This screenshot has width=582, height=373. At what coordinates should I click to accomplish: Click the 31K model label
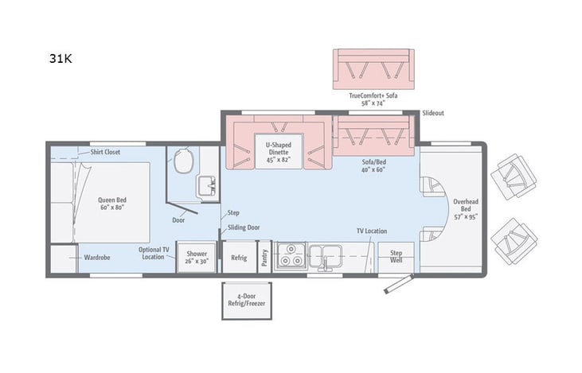click(61, 59)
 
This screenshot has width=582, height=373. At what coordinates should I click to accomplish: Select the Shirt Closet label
click(105, 152)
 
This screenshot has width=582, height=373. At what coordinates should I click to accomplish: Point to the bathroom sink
click(207, 186)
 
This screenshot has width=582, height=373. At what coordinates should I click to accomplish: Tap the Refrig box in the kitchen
click(239, 258)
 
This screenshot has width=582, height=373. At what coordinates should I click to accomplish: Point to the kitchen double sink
click(326, 256)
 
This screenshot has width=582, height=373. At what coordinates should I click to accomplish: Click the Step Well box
click(396, 257)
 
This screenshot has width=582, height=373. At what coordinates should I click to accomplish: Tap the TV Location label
click(371, 231)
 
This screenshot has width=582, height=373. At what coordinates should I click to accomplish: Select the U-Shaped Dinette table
click(278, 152)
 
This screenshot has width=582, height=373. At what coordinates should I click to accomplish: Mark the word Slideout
click(433, 113)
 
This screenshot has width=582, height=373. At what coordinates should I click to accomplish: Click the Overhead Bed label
click(465, 208)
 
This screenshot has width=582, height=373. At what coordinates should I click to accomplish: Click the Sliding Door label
click(244, 227)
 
